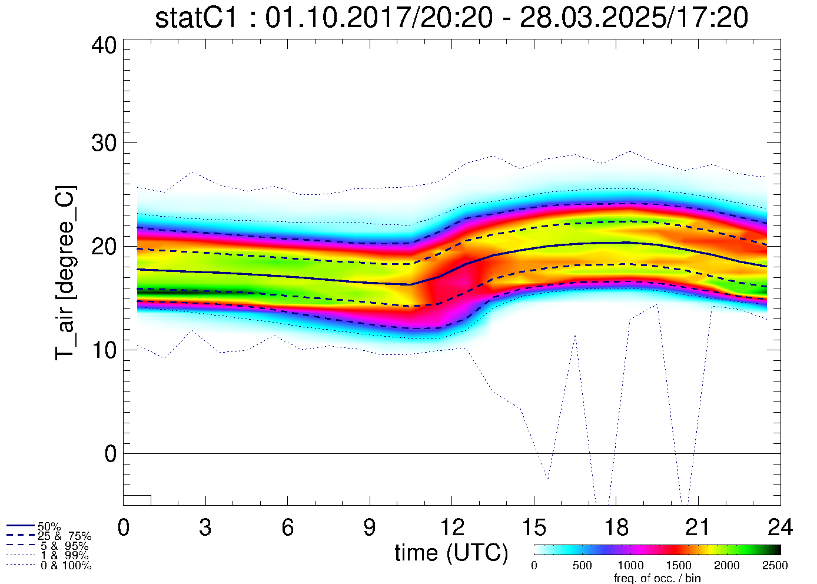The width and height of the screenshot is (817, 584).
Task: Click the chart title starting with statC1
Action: pos(451,18)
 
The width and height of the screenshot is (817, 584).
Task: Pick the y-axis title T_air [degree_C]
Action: pos(65,273)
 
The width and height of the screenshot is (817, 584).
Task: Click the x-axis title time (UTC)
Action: pos(451,553)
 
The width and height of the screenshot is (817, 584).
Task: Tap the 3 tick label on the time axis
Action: pos(205,527)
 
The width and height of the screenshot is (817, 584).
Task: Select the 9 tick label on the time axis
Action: pos(370,527)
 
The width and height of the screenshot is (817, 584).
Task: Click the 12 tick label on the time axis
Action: pos(451,527)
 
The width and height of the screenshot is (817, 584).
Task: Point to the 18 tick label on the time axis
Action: pos(616,527)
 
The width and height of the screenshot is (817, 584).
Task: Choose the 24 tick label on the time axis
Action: pos(780,527)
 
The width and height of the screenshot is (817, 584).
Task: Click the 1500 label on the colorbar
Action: pos(679,566)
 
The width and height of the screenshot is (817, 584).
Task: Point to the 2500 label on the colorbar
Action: pos(775,566)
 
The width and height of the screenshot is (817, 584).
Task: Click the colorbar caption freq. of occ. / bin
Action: pos(657,578)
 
